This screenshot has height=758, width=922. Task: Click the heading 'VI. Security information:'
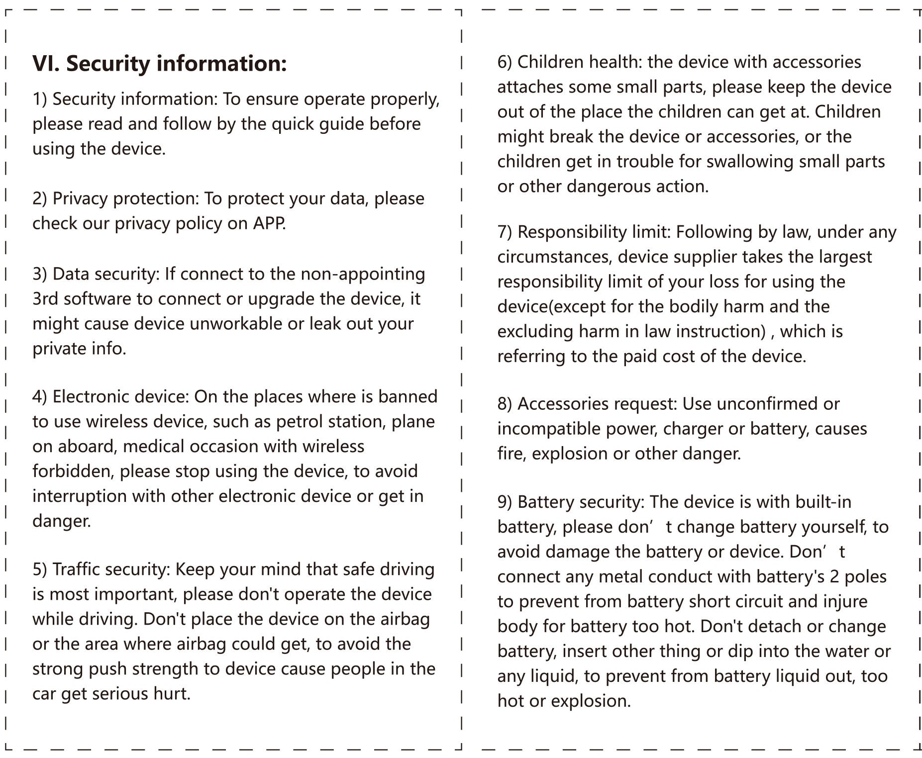(159, 64)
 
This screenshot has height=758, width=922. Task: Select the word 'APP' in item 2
(269, 223)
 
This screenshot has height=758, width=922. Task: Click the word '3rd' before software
(45, 299)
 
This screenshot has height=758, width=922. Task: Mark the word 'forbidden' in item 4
(73, 472)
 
